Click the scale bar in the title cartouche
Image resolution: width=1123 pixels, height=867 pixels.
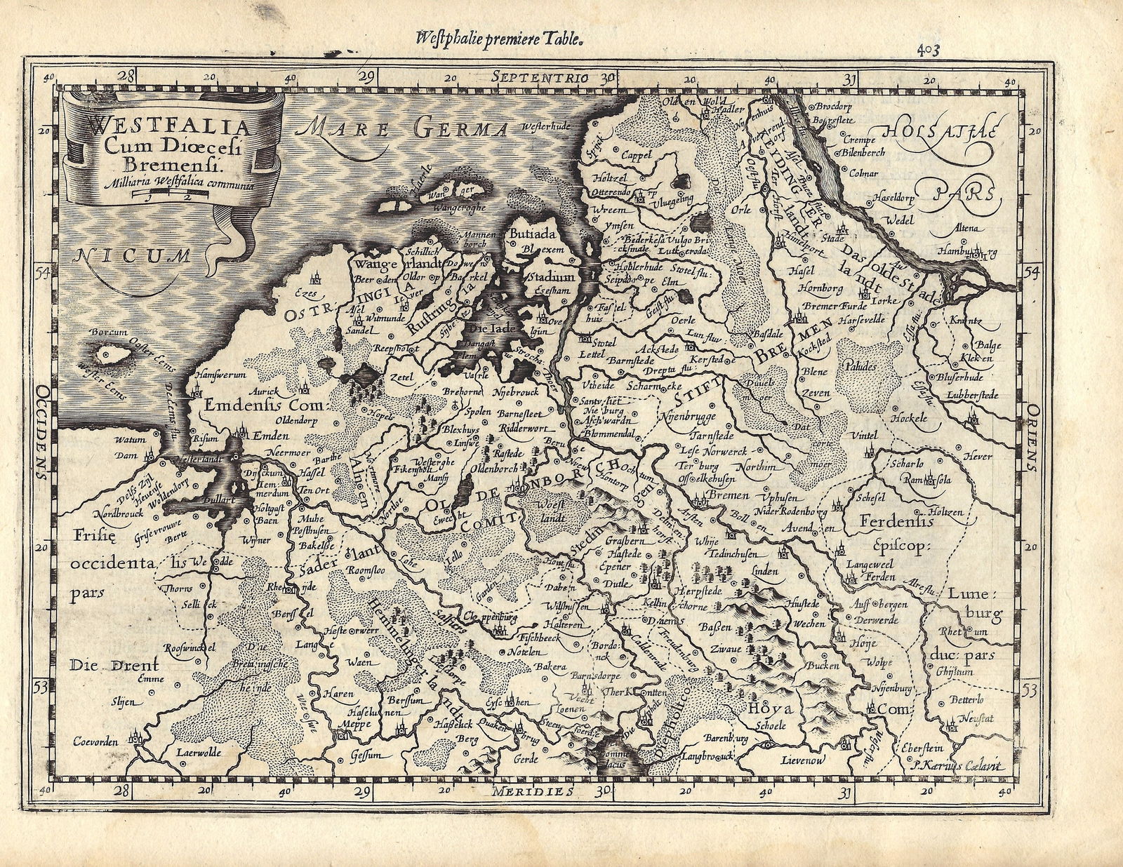(x=171, y=196)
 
